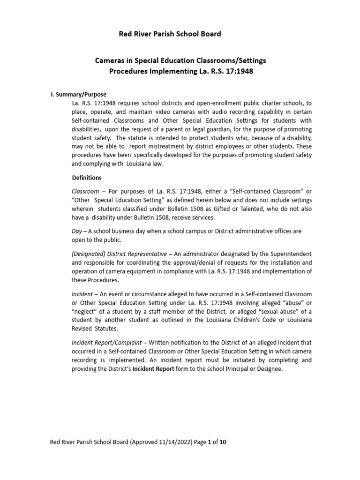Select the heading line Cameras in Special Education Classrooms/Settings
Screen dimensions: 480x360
(181, 61)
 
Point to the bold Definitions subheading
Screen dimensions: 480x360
(87, 178)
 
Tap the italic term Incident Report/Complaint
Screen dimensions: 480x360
(103, 343)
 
